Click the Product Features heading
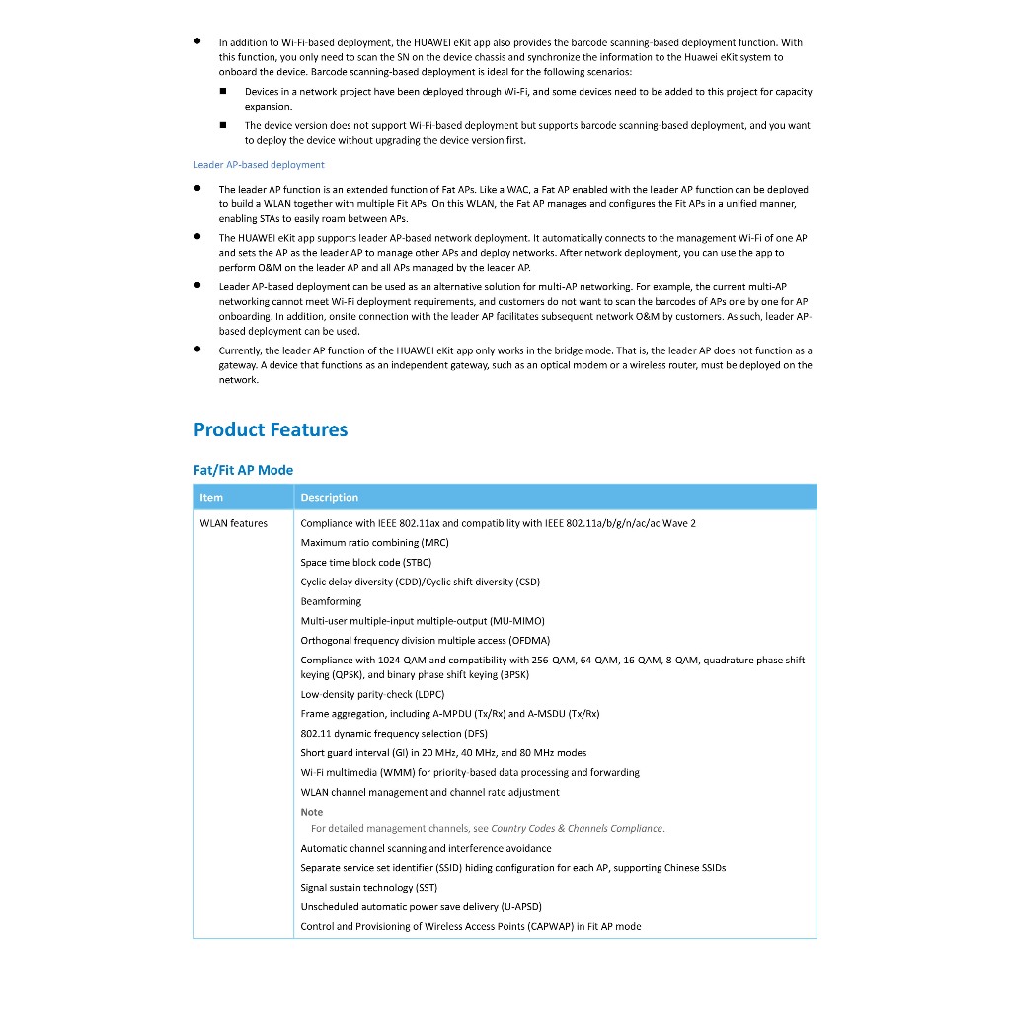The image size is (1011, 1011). pos(271,429)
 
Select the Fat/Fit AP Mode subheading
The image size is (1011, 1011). pos(243,470)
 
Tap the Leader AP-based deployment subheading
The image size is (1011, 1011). pos(259,165)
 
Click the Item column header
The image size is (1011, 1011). pos(211,497)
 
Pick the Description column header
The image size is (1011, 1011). pos(330,497)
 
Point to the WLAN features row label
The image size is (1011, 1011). pos(234,523)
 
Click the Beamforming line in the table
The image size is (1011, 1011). pos(331,601)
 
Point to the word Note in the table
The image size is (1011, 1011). pos(312,812)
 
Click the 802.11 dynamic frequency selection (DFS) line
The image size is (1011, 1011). pos(394,734)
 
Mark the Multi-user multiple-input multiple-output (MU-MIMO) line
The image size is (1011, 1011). pos(423,621)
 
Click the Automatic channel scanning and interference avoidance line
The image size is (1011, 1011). pos(426,848)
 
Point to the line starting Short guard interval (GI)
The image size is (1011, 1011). pos(443,753)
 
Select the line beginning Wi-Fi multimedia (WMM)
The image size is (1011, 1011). pos(470,772)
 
